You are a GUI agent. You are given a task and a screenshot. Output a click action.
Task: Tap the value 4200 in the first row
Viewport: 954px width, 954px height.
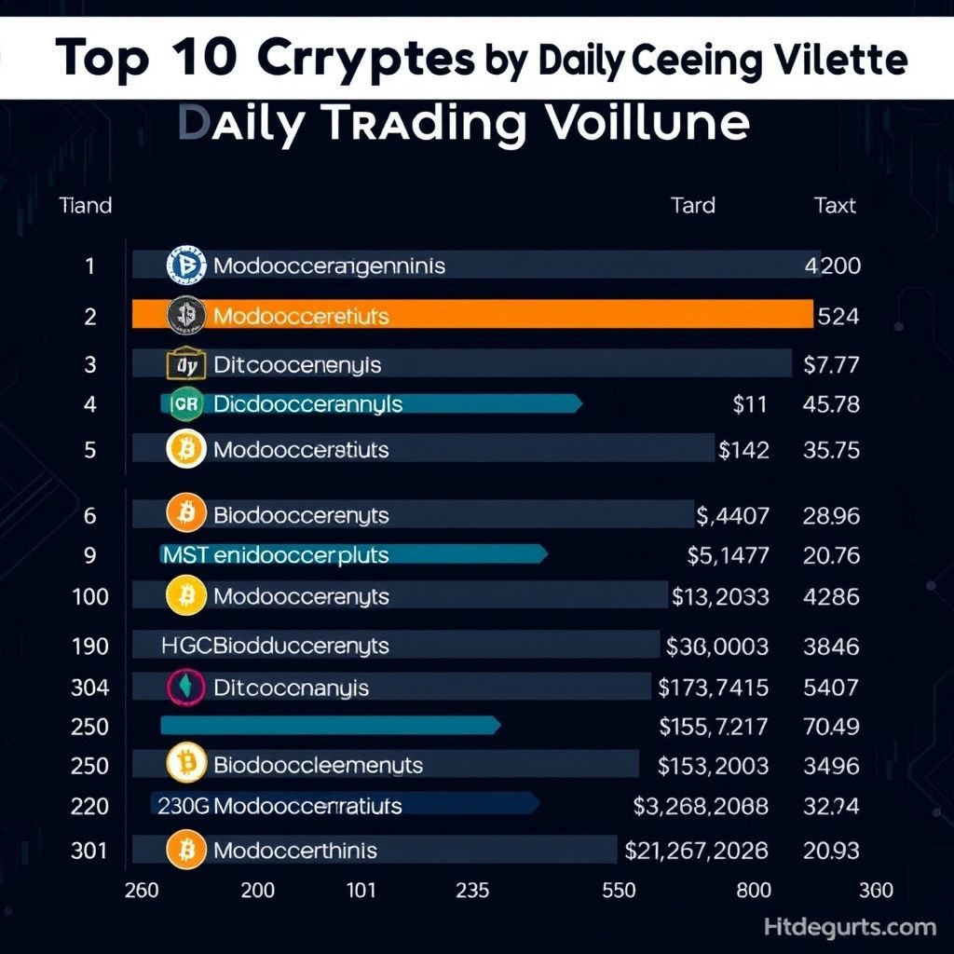tap(831, 266)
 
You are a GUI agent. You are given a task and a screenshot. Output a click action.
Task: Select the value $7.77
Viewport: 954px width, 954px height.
tap(831, 364)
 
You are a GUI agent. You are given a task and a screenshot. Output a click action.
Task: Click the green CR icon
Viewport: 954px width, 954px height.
tap(185, 404)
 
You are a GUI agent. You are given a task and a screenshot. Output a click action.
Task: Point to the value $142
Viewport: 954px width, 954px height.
tap(744, 450)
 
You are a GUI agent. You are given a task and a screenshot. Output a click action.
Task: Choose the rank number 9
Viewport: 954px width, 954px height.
tap(90, 555)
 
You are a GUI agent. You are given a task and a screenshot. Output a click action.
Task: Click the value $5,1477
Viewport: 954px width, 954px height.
tap(728, 555)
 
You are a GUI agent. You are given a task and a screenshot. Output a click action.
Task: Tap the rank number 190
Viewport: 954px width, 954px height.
tap(90, 645)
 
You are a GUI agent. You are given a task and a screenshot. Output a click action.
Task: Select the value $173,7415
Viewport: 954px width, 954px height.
tap(714, 688)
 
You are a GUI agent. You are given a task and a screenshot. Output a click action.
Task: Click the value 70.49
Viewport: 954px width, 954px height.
tap(831, 726)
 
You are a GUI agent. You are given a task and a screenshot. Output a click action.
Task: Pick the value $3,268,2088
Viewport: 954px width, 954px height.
tap(701, 806)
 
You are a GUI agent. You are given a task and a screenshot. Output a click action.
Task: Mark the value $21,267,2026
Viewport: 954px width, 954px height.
tap(697, 850)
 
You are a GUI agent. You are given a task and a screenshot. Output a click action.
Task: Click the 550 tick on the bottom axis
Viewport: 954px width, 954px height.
tap(619, 890)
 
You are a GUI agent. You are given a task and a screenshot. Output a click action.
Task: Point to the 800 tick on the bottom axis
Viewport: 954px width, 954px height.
tap(753, 890)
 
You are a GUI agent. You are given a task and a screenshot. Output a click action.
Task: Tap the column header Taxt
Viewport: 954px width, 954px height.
tap(835, 205)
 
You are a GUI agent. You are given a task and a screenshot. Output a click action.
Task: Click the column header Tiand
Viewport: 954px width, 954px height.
tap(85, 205)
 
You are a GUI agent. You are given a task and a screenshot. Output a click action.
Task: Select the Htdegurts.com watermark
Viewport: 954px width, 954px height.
tap(850, 927)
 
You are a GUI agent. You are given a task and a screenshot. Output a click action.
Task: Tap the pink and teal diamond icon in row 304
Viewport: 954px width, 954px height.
tap(185, 688)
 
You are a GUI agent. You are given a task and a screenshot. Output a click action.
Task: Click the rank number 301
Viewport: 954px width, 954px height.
tap(90, 850)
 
